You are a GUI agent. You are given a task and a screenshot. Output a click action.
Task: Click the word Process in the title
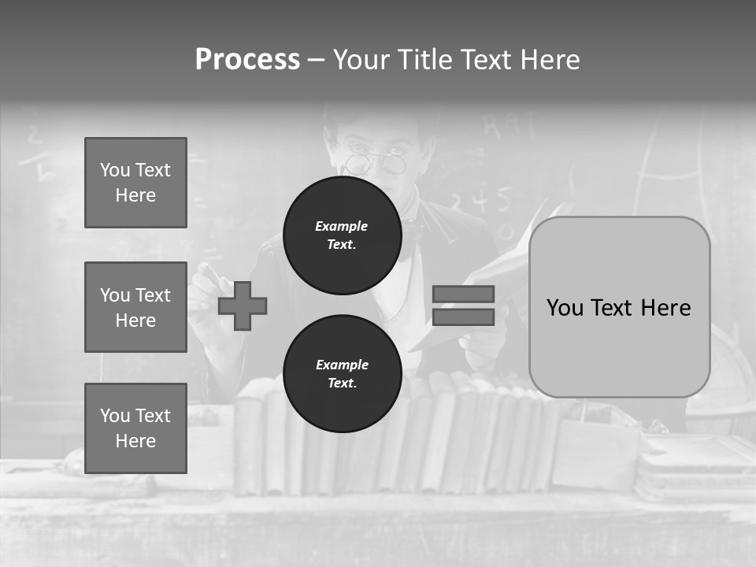[247, 60]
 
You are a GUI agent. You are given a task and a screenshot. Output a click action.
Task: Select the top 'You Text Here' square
[135, 183]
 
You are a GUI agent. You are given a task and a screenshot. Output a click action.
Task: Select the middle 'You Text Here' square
[135, 307]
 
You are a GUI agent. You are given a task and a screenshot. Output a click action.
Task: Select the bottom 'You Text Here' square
[135, 428]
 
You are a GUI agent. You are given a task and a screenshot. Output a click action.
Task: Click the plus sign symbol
[243, 306]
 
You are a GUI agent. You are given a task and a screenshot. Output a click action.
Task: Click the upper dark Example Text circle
[342, 235]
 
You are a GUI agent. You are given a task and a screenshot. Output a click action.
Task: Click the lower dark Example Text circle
[342, 374]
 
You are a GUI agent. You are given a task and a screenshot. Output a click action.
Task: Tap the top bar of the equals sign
[463, 294]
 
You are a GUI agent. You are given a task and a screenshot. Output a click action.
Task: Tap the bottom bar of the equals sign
[463, 317]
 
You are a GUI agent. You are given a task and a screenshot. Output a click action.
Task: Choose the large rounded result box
[619, 307]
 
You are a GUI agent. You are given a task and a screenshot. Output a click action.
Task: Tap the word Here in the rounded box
[665, 307]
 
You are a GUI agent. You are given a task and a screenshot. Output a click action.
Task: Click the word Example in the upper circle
[342, 226]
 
